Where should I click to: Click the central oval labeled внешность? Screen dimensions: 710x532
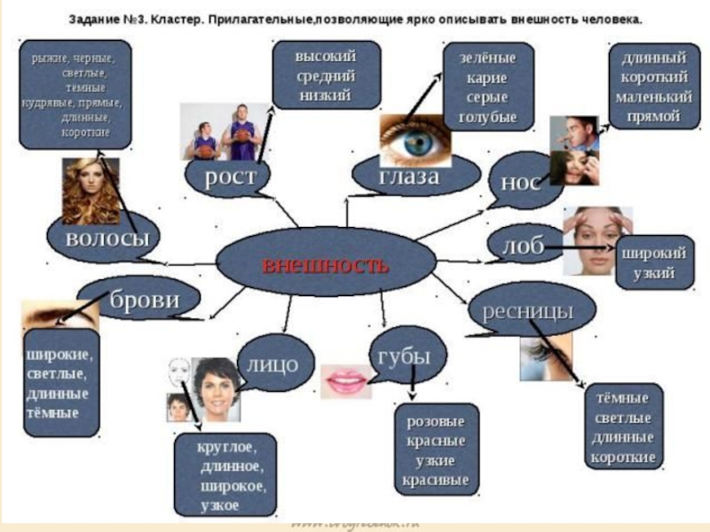[326, 263]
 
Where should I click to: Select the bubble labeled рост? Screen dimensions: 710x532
[230, 176]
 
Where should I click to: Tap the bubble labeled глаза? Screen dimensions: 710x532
[408, 176]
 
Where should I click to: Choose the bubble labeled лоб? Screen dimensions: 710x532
[522, 246]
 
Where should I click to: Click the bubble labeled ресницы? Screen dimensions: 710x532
[527, 310]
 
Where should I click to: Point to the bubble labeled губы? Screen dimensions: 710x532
[404, 356]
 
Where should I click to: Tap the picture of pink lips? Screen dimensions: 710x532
[345, 381]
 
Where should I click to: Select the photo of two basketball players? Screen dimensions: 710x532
[222, 130]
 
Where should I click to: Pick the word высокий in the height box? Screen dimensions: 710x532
[326, 55]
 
